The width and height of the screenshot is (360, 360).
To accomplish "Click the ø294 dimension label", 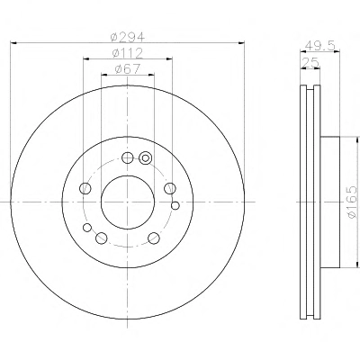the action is point(128,38).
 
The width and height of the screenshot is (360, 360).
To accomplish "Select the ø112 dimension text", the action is point(128,53).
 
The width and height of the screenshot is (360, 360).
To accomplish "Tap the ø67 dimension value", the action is point(128,69).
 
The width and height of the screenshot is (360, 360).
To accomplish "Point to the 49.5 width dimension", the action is point(319,46).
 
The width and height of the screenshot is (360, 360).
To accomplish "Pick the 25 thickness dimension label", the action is point(310,63).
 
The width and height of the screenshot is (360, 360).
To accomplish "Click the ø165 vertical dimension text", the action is point(352,202).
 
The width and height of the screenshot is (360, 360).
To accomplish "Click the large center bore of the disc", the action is point(128,202).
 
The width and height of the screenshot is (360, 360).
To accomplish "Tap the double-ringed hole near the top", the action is point(146,157).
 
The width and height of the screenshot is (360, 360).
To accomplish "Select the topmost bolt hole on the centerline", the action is point(128,157).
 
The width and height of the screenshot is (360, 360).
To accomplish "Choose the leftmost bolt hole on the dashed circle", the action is point(85,188).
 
